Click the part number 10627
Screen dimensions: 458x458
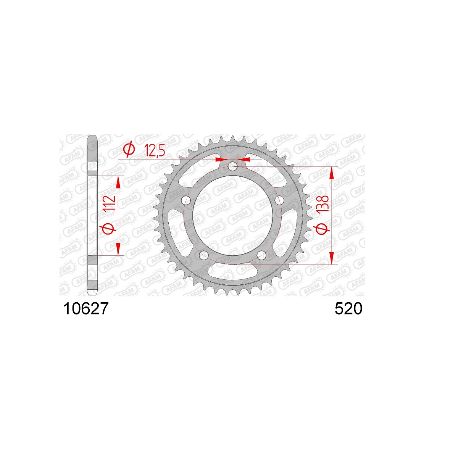pyautogui.click(x=86, y=309)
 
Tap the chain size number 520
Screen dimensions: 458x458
pyautogui.click(x=348, y=309)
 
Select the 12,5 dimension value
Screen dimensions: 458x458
pyautogui.click(x=155, y=150)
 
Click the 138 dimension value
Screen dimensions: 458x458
pyautogui.click(x=324, y=204)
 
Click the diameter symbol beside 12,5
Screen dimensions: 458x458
pyautogui.click(x=129, y=149)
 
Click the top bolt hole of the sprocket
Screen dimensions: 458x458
pyautogui.click(x=232, y=166)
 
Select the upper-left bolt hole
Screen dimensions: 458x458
pyautogui.click(x=186, y=200)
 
